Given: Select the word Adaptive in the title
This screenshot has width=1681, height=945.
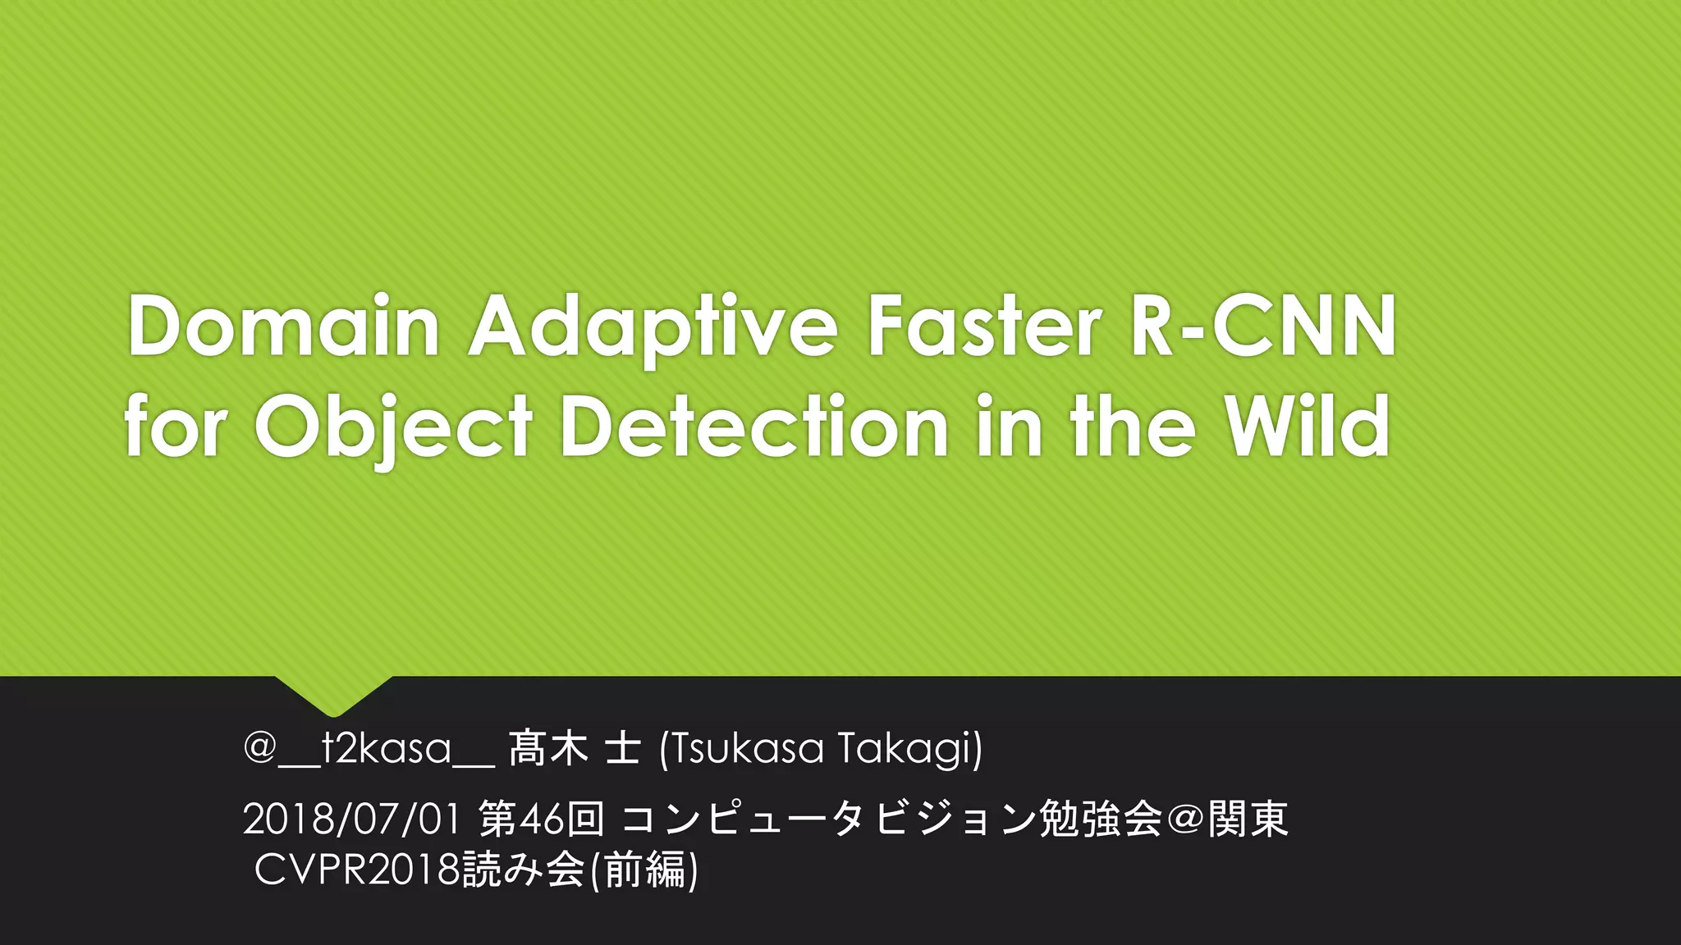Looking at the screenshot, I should tap(653, 328).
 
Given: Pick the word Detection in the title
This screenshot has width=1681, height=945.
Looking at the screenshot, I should tap(754, 427).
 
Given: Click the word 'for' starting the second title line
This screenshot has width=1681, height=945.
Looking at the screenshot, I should tap(175, 427).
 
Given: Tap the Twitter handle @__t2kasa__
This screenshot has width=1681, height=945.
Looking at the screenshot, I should tap(369, 748).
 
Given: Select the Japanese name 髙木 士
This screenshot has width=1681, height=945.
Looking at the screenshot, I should tap(574, 748).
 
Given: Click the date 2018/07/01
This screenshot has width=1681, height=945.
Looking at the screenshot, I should tap(351, 819).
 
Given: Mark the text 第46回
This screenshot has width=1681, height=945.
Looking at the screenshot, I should tap(542, 819).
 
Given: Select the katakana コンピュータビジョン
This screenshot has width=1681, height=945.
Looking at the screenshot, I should tap(827, 819).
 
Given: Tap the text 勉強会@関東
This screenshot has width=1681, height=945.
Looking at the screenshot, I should tap(1163, 819).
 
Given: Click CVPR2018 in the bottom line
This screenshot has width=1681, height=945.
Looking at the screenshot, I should tap(357, 870).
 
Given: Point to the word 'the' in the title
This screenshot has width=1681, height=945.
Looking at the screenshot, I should tap(1133, 427).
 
